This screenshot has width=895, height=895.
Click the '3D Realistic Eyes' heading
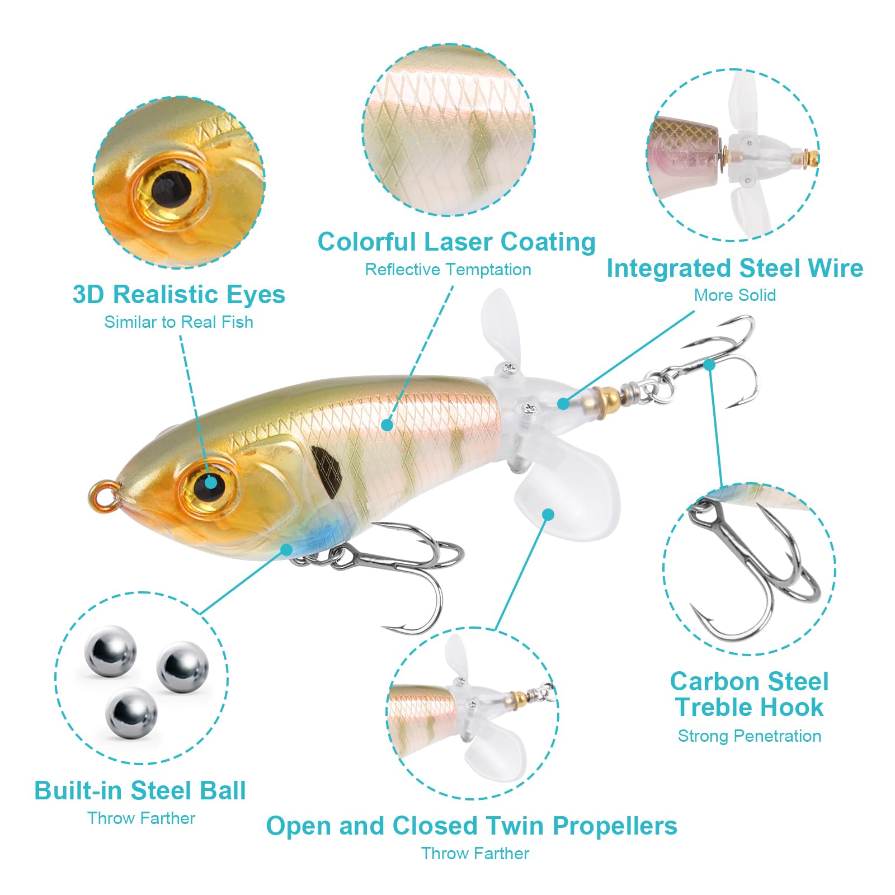click(x=179, y=294)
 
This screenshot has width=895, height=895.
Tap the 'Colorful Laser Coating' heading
click(x=456, y=242)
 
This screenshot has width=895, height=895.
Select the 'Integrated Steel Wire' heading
click(x=735, y=268)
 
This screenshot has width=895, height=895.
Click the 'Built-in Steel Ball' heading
click(x=140, y=791)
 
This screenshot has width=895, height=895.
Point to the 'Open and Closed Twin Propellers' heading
click(x=472, y=826)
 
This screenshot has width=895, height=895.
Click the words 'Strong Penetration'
click(x=750, y=736)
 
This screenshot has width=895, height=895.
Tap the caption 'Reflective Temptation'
click(x=448, y=270)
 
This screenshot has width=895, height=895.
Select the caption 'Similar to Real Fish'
click(x=178, y=322)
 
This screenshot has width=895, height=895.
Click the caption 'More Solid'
click(x=735, y=295)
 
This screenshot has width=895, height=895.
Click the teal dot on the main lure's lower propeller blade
click(x=548, y=514)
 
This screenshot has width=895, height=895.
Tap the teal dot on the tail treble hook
click(x=709, y=365)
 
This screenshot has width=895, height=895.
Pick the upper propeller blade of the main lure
click(x=502, y=328)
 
